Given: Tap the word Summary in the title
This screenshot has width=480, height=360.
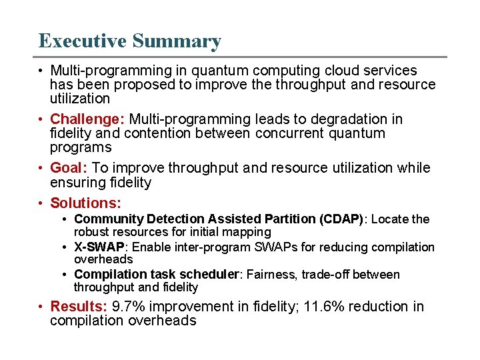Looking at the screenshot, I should (177, 41).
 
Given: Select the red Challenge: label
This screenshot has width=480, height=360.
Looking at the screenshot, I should (87, 119).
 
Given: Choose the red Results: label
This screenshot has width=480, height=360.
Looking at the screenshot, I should (79, 307).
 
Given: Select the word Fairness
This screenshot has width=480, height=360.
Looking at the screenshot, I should (275, 275).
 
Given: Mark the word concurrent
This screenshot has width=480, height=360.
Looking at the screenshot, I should (297, 133).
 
